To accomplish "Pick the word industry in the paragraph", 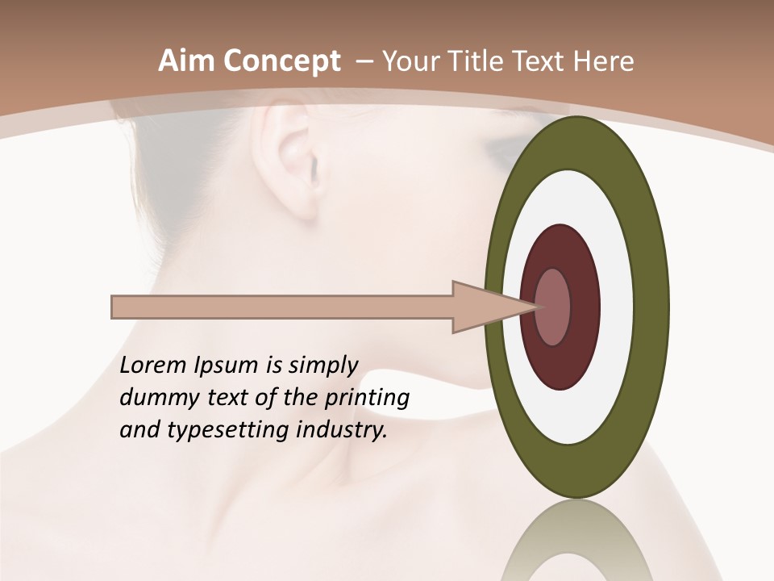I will click(x=342, y=430).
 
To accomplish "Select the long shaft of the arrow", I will click(x=282, y=307).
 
